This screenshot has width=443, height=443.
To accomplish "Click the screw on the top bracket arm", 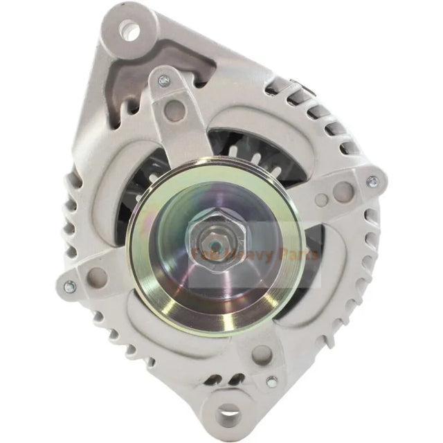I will pyautogui.click(x=163, y=81).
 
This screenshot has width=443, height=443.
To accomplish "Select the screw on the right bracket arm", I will pyautogui.click(x=372, y=181).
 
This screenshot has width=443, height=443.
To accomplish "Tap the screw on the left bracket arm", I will pyautogui.click(x=69, y=285).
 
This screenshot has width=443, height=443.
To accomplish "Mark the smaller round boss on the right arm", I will pyautogui.click(x=320, y=201).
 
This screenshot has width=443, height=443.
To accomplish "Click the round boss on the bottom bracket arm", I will pyautogui.click(x=260, y=354).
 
